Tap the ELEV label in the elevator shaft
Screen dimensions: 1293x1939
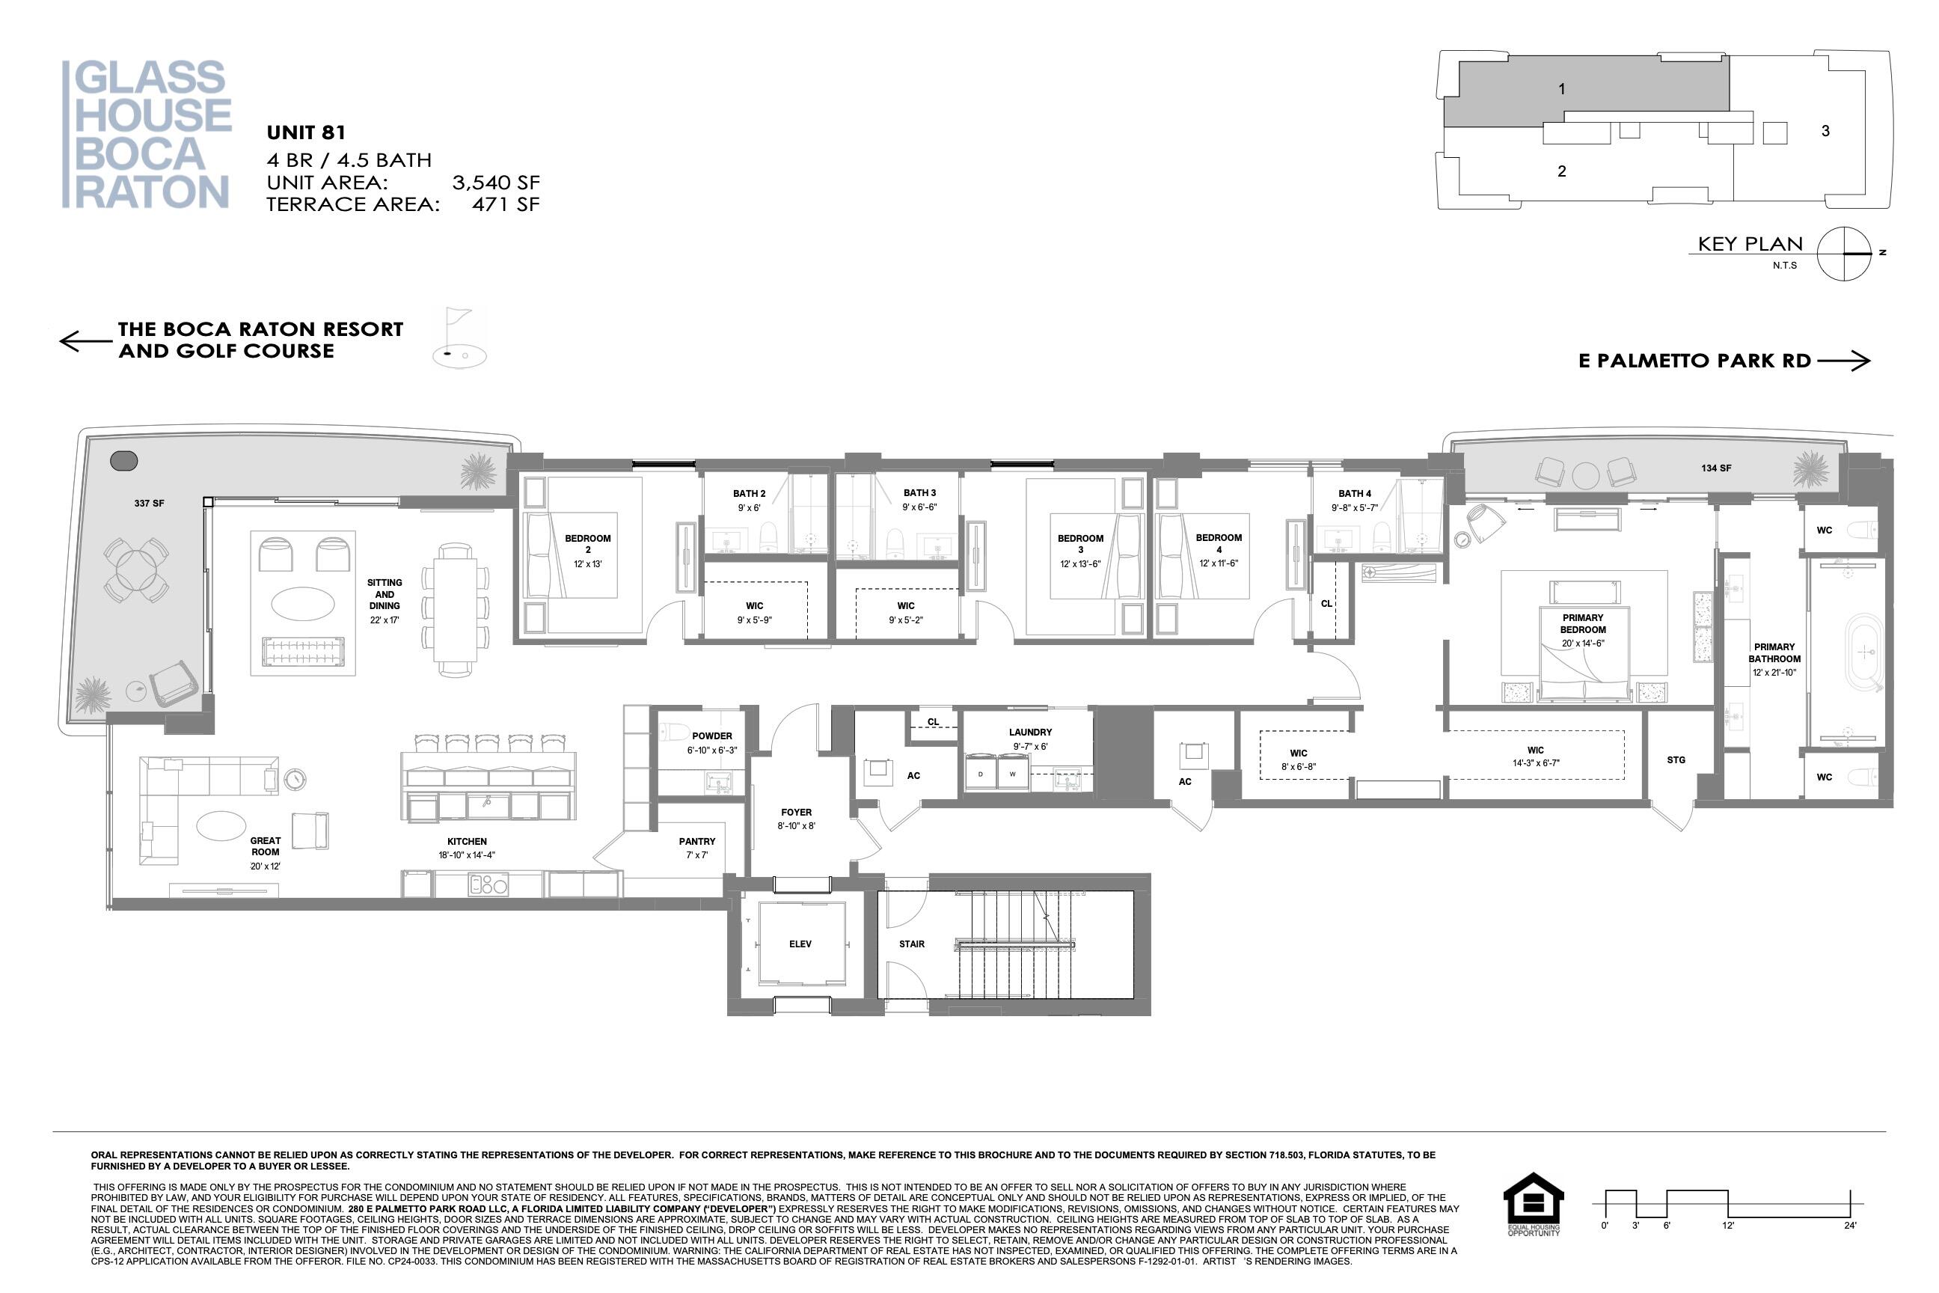pos(800,944)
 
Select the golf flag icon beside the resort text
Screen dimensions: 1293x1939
pos(459,338)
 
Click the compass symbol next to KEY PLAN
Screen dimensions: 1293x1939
pos(1845,253)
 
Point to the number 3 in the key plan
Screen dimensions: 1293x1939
pos(1825,131)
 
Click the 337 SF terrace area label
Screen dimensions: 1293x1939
pos(149,503)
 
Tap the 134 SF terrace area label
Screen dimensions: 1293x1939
pos(1715,468)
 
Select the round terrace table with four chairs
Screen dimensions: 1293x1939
pos(137,569)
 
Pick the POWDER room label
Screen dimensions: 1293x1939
pos(711,736)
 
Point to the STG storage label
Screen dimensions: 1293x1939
pos(1676,760)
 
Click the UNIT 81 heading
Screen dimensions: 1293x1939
pos(306,132)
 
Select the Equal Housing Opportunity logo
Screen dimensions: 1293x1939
pos(1534,1204)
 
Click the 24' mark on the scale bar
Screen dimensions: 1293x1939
pos(1850,1226)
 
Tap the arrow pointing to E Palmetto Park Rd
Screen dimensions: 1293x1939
pos(1844,361)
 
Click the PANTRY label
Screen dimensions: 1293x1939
pos(696,842)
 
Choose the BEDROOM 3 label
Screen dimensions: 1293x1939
pos(1080,544)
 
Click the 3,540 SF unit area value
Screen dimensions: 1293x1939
pos(495,183)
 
